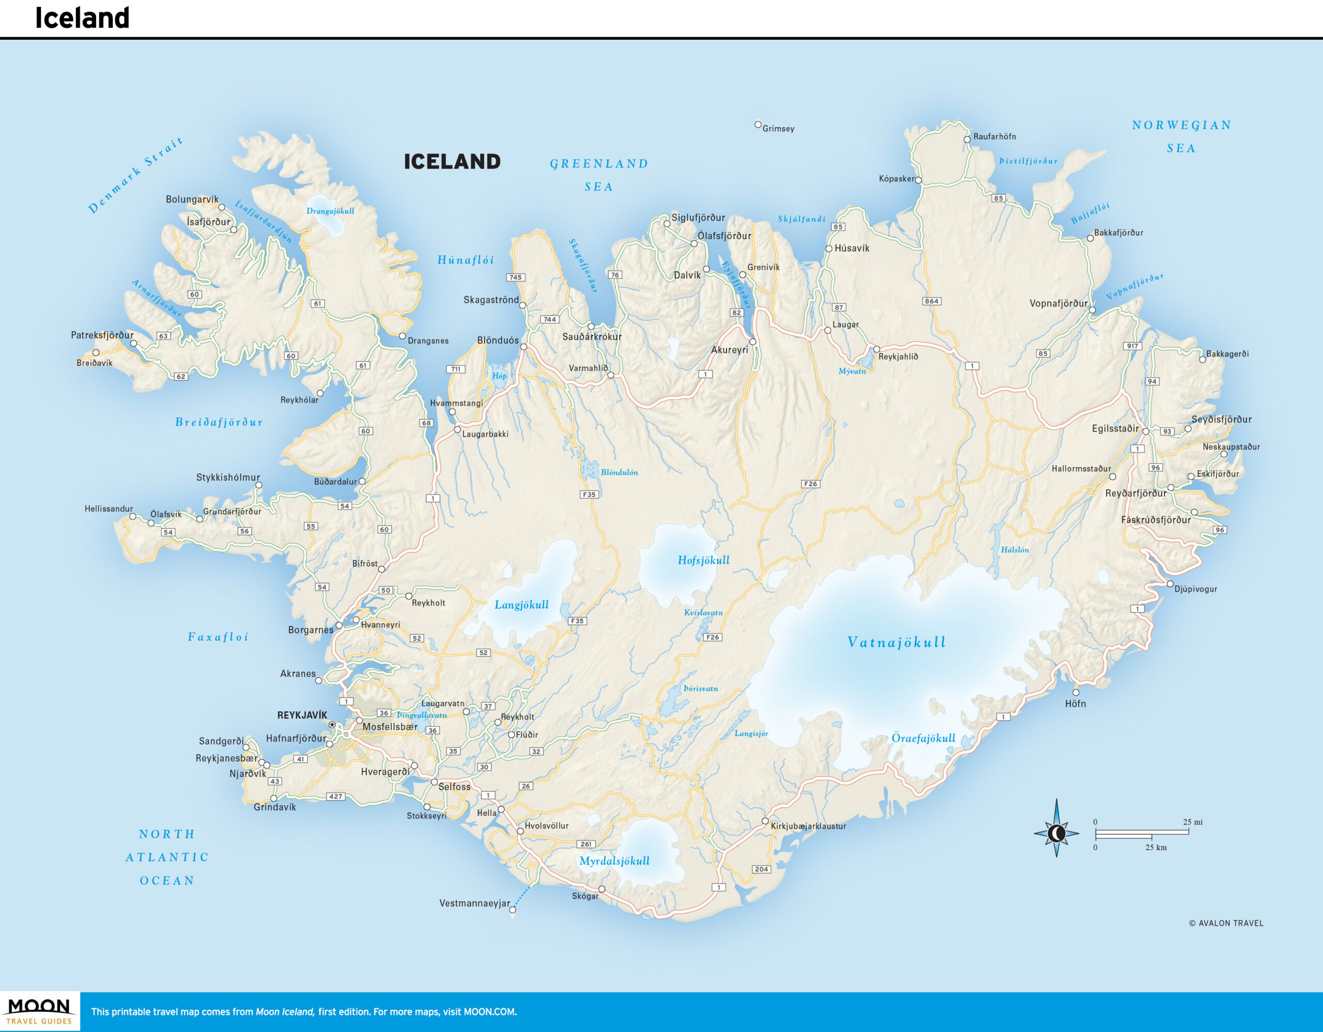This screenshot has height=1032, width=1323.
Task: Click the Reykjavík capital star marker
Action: click(x=332, y=725)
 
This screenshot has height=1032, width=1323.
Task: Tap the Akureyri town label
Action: click(x=729, y=350)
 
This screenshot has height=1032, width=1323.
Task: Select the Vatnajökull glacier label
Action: click(x=896, y=642)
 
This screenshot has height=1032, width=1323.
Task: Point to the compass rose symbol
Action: click(x=1056, y=834)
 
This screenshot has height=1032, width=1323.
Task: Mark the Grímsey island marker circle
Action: click(x=758, y=125)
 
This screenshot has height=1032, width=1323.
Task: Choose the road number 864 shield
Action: click(x=932, y=301)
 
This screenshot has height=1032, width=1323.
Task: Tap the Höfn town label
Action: click(x=1075, y=704)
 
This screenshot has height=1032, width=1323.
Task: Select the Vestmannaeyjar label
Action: click(x=474, y=903)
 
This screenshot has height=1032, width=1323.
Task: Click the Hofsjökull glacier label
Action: click(x=703, y=560)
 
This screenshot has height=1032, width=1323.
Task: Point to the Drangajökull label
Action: click(x=330, y=211)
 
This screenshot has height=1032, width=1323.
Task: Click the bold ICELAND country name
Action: click(x=452, y=162)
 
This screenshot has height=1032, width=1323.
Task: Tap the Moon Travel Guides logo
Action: click(x=39, y=1011)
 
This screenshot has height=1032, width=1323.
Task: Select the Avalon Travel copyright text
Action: click(x=1226, y=923)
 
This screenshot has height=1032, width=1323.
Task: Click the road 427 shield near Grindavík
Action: click(x=335, y=796)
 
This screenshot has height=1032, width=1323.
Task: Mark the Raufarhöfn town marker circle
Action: click(x=967, y=140)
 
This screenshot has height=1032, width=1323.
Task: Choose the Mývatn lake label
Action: click(x=852, y=371)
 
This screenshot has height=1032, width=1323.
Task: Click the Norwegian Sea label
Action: click(x=1181, y=136)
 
